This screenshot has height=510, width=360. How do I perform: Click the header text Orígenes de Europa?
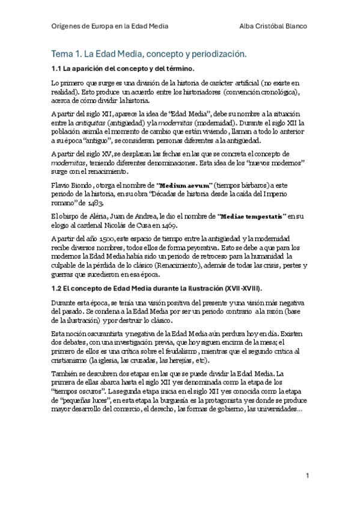pos(89,26)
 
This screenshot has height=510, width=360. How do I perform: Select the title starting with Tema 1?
pos(149,54)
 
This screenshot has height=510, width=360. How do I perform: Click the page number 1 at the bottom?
pos(307,475)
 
